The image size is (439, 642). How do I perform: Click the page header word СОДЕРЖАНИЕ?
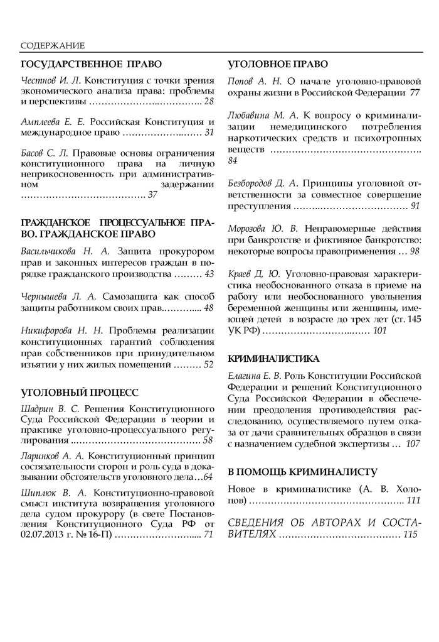point(53,45)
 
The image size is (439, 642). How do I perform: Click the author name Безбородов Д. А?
point(263,183)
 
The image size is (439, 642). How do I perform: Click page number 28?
point(209,101)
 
